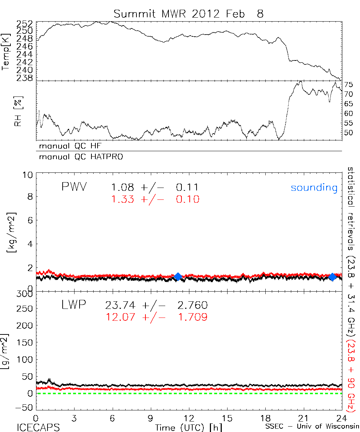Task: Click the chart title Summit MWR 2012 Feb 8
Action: tap(189, 14)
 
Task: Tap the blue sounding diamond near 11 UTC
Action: tap(177, 276)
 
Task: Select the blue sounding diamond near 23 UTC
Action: tap(332, 276)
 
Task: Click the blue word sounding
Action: tap(314, 188)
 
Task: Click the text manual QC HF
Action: tap(73, 147)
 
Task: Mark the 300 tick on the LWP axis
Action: tap(26, 294)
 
